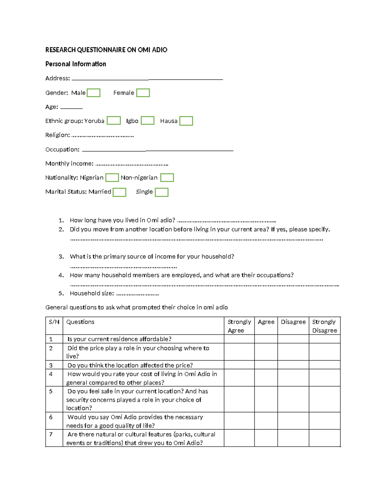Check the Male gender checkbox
point(94,93)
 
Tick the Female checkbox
point(143,93)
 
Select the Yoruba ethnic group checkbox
point(114,121)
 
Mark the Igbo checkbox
point(148,121)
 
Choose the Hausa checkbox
point(186,121)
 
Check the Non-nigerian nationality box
point(167,178)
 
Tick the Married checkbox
point(119,192)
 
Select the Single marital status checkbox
point(161,192)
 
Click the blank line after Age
point(71,108)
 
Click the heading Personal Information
point(76,64)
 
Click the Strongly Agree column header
point(239,326)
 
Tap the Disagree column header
point(293,322)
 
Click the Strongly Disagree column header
point(324,326)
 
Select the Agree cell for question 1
point(266,339)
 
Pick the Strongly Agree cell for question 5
point(239,399)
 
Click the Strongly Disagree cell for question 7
point(324,438)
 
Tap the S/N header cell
point(54,322)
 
